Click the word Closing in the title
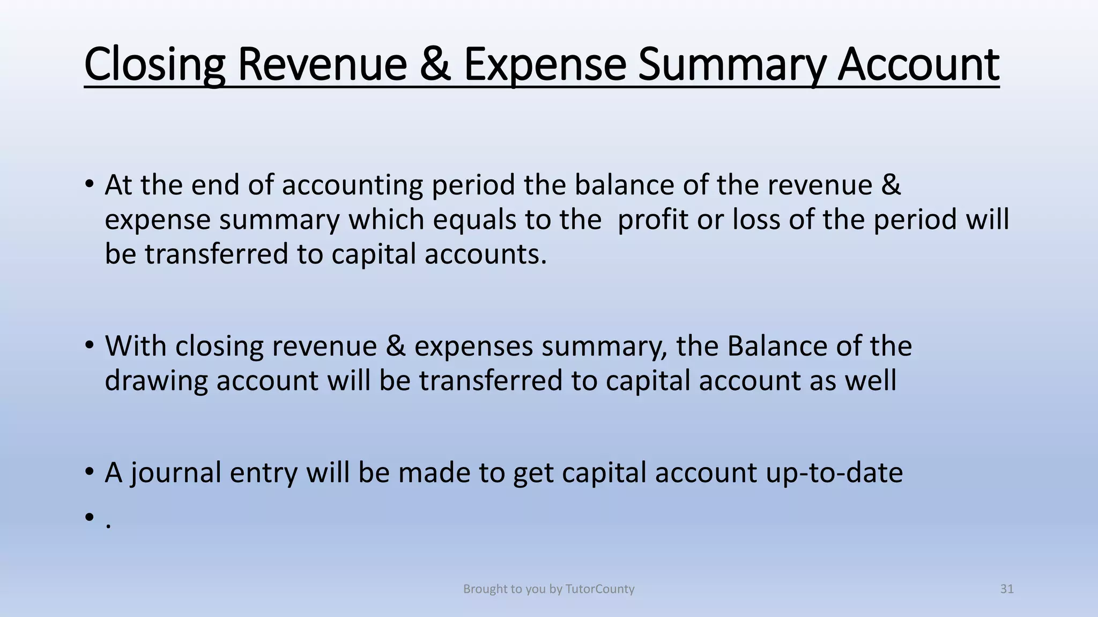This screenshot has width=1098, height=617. [x=154, y=65]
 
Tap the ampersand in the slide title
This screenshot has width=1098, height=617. [x=435, y=65]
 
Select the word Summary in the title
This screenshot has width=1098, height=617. [x=731, y=65]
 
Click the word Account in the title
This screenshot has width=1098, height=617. [x=918, y=65]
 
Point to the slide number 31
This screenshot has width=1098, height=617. [x=1007, y=589]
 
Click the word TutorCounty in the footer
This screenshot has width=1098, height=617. [x=600, y=589]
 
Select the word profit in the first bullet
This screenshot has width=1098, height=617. [x=652, y=220]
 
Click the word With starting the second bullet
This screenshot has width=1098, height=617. [x=136, y=346]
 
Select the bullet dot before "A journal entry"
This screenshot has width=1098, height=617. [x=89, y=472]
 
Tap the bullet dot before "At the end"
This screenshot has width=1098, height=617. [x=89, y=185]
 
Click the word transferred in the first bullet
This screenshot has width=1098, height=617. [x=217, y=254]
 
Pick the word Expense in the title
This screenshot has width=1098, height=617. [x=545, y=65]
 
